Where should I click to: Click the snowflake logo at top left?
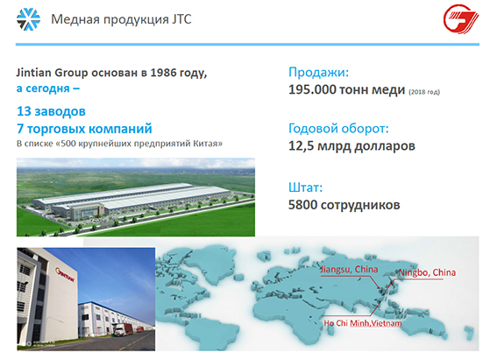(29, 19)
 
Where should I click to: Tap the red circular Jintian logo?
(461, 18)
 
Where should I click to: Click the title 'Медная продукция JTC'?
(121, 19)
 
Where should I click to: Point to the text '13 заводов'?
(51, 111)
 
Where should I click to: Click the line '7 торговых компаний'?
(84, 129)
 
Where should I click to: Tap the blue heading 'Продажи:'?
(318, 73)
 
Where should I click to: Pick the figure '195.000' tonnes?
(312, 89)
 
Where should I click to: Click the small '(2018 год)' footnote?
(424, 92)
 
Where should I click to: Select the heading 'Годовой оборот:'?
(338, 129)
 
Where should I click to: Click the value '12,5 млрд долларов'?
(351, 146)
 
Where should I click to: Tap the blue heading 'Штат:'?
(306, 187)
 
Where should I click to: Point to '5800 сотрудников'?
(344, 205)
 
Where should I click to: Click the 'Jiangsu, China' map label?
(349, 270)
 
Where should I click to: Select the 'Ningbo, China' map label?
(427, 272)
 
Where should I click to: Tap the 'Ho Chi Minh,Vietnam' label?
(363, 323)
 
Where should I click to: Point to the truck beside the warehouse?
(123, 329)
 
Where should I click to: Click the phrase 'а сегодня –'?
(48, 88)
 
